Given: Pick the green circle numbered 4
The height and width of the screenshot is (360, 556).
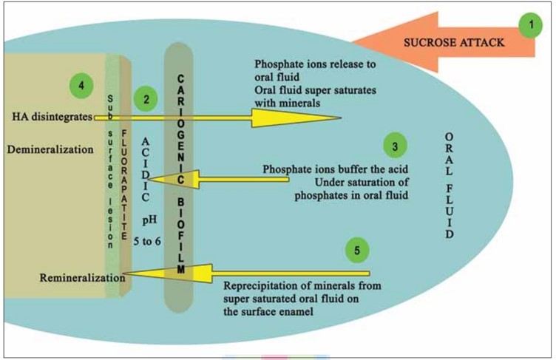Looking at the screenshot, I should coord(81,86).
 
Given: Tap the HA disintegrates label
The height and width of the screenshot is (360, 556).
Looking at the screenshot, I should coord(51,117).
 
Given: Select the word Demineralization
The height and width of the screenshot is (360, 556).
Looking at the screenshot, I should coord(50,149).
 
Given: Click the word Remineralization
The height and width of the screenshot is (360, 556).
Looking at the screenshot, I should coord(82,277).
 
